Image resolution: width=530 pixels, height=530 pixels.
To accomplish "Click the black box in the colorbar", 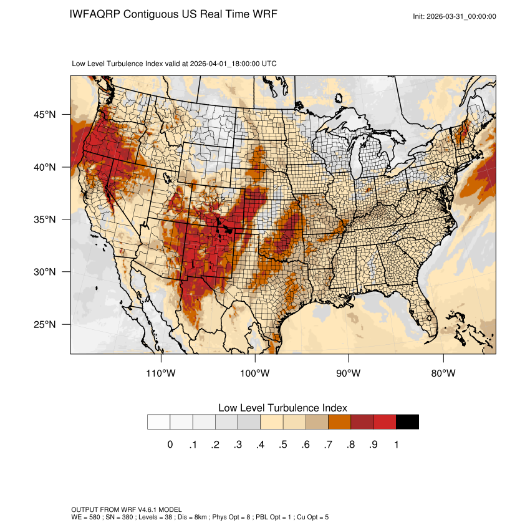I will pos(407,422).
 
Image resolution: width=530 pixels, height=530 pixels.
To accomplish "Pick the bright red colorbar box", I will pos(385,422).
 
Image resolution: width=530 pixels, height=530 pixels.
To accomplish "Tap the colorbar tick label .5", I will pos(283,445).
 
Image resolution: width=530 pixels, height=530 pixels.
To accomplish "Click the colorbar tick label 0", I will pos(170,445).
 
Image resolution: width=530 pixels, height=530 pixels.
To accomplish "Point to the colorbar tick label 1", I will pos(396,445).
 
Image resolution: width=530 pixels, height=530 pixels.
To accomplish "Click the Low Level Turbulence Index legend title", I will pos(282,407).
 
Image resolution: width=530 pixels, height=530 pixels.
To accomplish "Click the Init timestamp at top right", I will pos(455,16).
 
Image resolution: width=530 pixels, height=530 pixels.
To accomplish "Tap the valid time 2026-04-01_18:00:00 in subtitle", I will pos(233,64).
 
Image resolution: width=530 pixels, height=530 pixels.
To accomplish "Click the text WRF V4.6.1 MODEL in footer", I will pos(149,509).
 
